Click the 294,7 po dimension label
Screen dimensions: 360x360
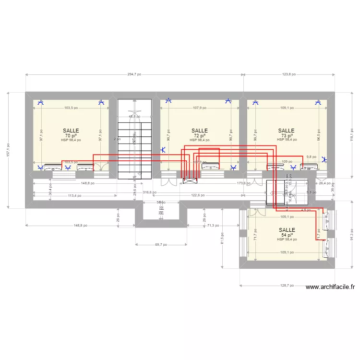(134, 74)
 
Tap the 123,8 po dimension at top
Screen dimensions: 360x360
(288, 74)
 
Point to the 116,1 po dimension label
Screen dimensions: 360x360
(346, 134)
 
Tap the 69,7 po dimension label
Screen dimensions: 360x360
(161, 244)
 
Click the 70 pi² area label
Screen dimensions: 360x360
(71, 136)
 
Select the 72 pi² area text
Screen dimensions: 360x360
(199, 136)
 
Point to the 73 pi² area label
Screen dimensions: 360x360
(286, 136)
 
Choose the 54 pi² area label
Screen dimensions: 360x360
(287, 235)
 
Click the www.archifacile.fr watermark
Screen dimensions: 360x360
(330, 288)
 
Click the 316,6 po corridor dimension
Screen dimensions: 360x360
(150, 192)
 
